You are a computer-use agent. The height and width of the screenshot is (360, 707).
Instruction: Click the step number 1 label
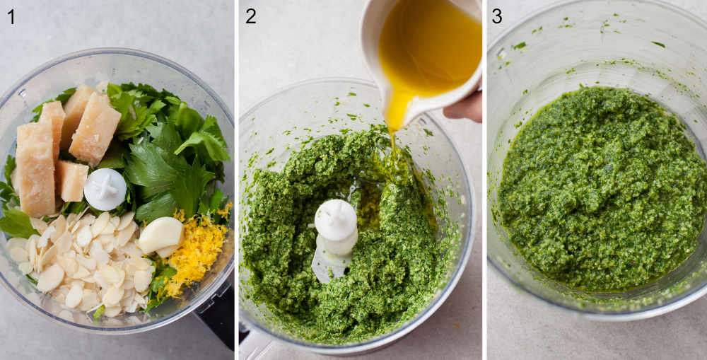tap(11, 16)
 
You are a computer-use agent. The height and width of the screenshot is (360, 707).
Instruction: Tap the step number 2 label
tap(250, 16)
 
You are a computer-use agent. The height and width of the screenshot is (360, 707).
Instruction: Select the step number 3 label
tap(497, 16)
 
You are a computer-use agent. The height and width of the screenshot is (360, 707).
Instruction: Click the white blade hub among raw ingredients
tap(105, 189)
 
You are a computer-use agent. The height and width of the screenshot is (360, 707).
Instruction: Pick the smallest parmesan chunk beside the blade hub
tap(72, 181)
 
